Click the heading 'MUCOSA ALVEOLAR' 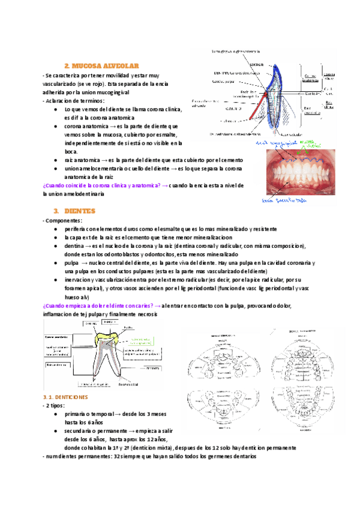point(101,65)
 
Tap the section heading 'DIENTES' point(78,211)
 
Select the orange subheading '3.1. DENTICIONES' point(66,397)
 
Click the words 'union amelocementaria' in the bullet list point(93,169)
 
